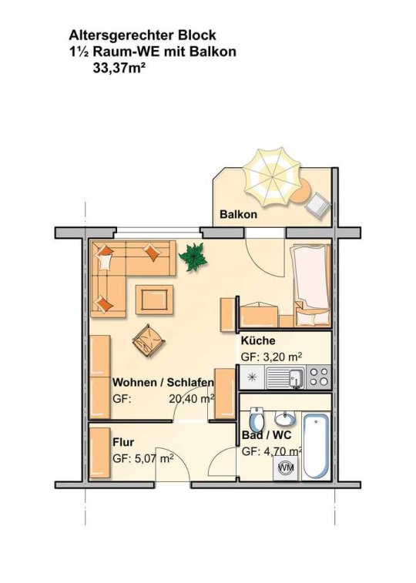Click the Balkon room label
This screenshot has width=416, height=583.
tap(238, 215)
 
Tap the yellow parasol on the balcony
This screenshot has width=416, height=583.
tap(271, 176)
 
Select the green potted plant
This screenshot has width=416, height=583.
tap(193, 256)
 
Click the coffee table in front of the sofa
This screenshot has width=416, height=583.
tap(154, 300)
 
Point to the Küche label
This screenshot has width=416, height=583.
tap(258, 340)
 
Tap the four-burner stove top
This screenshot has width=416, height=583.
tap(320, 377)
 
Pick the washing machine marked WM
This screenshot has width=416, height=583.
tap(286, 467)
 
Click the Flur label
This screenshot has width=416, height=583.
tap(123, 443)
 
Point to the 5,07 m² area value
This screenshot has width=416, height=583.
tap(153, 458)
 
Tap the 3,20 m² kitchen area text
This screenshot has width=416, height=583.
tap(281, 357)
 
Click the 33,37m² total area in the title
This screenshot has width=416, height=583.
tap(119, 69)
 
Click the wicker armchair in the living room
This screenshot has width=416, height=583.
tap(149, 340)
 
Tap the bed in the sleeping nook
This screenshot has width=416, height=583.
tap(311, 284)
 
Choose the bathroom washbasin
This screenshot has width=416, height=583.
tap(285, 419)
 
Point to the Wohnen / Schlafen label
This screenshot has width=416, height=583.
tap(163, 382)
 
